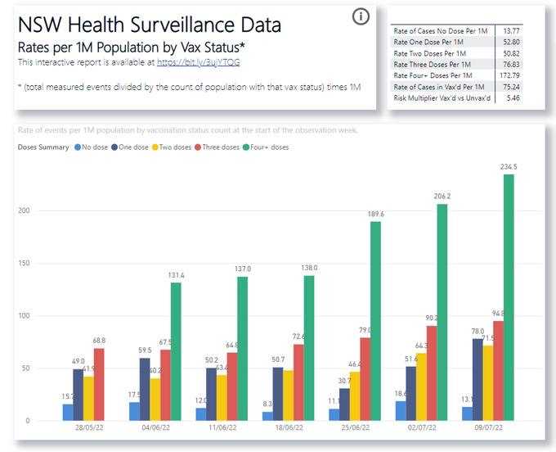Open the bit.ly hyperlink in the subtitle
click(199, 62)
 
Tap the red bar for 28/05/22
click(100, 385)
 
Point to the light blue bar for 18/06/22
click(267, 416)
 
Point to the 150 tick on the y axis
click(27, 264)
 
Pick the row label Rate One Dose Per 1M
click(428, 42)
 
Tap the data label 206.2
click(442, 197)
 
